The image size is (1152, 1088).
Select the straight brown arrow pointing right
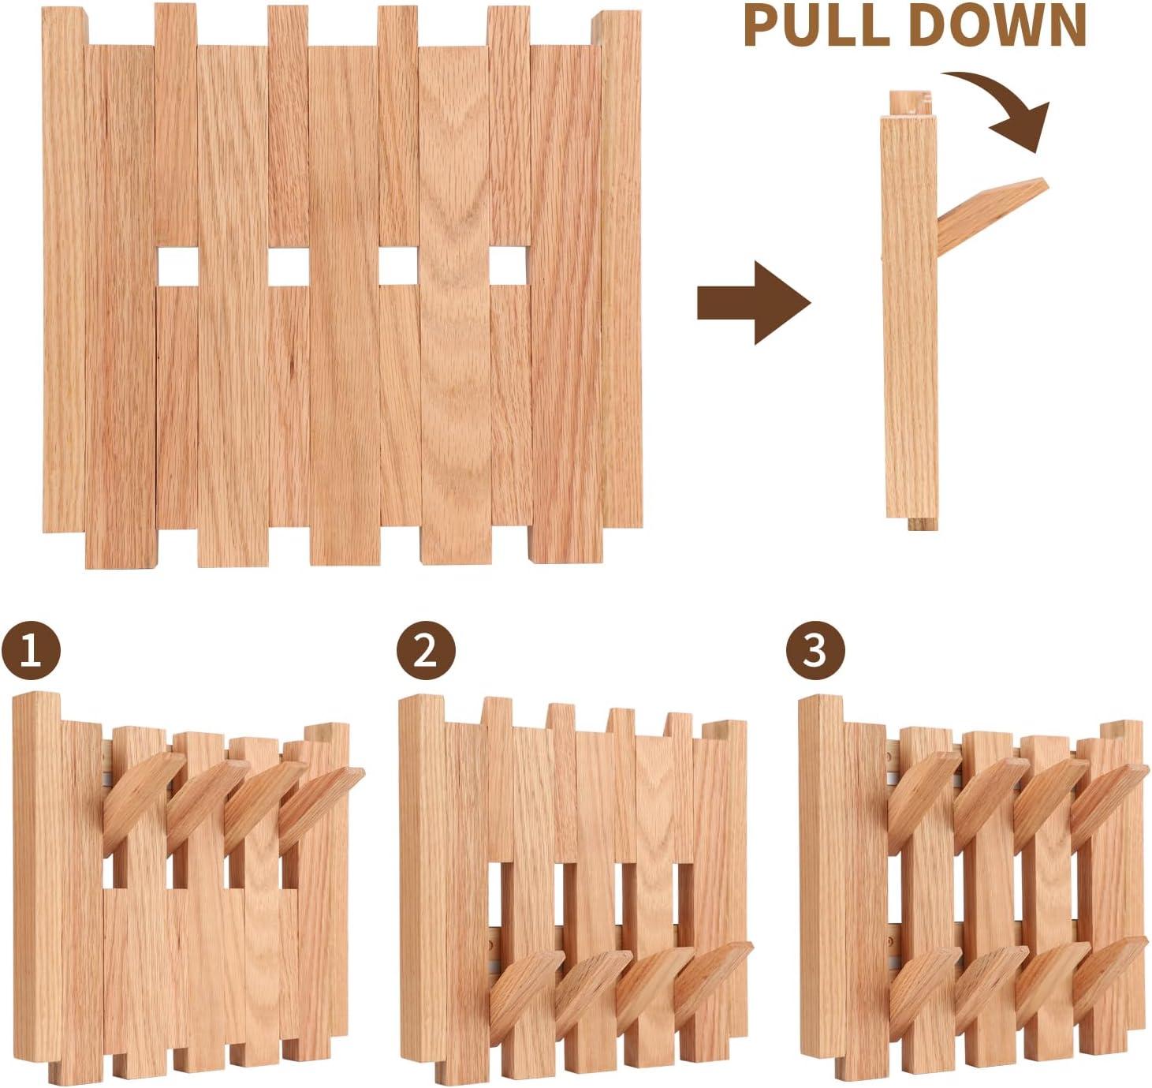tap(752, 303)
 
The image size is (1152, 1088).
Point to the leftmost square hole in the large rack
tap(177, 267)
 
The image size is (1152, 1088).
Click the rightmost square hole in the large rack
tap(509, 267)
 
